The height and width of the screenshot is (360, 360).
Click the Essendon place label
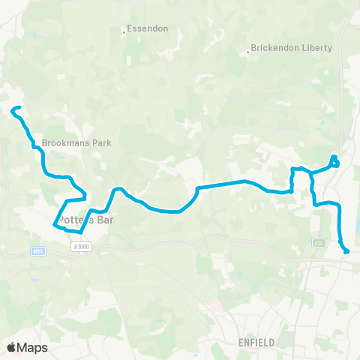148,28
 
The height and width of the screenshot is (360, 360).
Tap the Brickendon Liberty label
292,48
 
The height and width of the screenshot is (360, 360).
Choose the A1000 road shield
82,246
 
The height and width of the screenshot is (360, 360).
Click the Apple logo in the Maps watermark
11,347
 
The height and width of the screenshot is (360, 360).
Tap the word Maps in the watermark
33,347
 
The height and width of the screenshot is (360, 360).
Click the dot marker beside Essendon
124,31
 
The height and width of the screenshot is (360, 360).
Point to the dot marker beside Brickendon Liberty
248,52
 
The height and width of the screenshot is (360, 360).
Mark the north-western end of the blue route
13,111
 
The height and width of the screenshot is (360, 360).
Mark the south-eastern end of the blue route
347,252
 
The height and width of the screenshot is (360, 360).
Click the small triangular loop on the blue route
334,160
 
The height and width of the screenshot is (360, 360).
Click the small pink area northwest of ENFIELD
217,306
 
